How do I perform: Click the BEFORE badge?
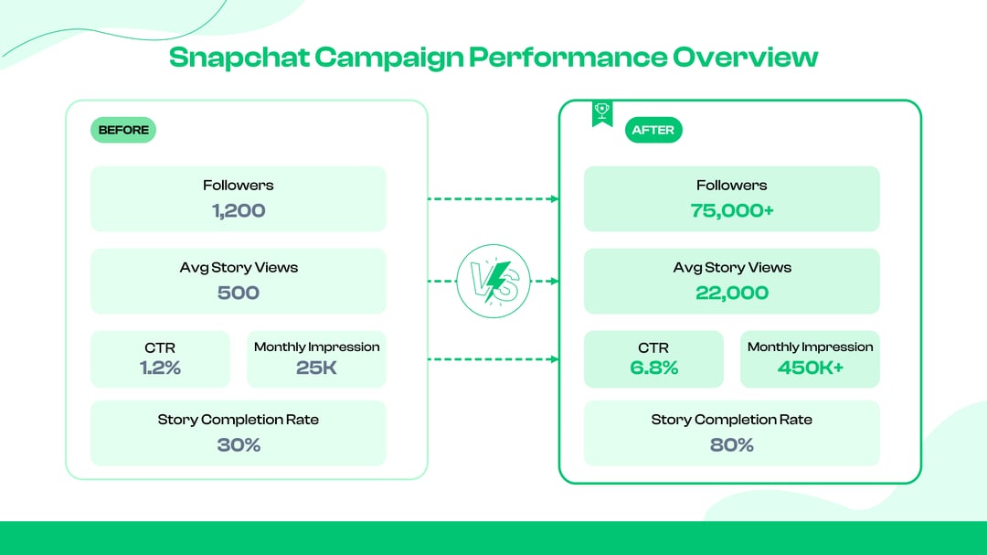(123, 130)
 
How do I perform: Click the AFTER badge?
(653, 130)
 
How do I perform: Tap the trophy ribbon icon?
(602, 112)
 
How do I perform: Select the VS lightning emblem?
(493, 282)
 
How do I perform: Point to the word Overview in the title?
(745, 57)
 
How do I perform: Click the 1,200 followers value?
(239, 210)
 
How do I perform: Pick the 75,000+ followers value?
(732, 210)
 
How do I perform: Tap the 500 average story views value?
(239, 293)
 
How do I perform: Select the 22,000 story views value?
(732, 293)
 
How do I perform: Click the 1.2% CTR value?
(160, 368)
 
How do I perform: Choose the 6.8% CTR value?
(653, 368)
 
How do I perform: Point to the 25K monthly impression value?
(316, 368)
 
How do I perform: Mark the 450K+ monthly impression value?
(810, 368)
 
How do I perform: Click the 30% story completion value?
(239, 445)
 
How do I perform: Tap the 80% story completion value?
(732, 445)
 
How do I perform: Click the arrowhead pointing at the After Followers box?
(554, 198)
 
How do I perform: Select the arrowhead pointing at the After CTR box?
(554, 359)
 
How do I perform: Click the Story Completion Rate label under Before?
(239, 420)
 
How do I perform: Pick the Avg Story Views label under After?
(732, 268)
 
